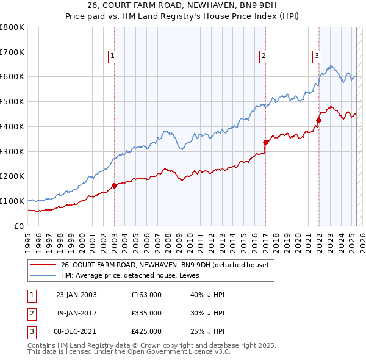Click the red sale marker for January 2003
[114, 185]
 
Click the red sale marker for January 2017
[265, 143]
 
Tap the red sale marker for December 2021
[318, 120]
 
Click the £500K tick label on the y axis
[12, 102]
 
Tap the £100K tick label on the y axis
[12, 201]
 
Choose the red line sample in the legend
[42, 265]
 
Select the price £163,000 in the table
[146, 295]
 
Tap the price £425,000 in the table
[146, 331]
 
